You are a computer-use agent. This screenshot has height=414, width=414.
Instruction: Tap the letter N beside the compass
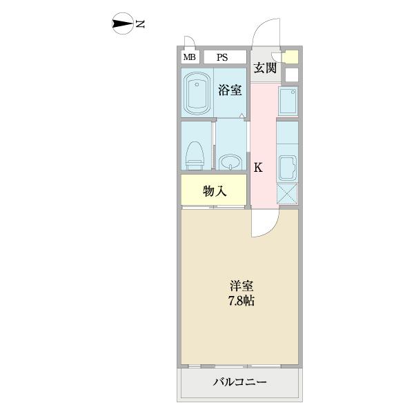pos(140,25)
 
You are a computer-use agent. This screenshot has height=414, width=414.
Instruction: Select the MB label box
pos(189,57)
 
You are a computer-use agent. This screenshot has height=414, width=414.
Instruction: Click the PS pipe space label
pos(225,57)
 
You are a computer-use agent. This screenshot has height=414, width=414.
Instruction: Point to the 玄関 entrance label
pos(264,68)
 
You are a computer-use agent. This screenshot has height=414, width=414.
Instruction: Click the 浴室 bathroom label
pos(230,90)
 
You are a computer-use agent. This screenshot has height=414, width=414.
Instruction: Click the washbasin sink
pos(230,162)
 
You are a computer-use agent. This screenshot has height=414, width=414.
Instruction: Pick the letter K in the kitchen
pos(258,166)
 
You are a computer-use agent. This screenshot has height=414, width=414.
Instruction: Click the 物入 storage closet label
pos(214,191)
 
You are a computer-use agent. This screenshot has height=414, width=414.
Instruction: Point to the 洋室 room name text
pos(241,286)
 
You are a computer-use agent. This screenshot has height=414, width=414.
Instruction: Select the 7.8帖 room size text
pos(241,301)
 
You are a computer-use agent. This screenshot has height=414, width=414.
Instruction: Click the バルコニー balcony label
pos(239,382)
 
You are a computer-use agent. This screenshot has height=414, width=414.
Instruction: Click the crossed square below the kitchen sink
pos(287,194)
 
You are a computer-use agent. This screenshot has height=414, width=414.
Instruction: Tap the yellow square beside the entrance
pos(291,57)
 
